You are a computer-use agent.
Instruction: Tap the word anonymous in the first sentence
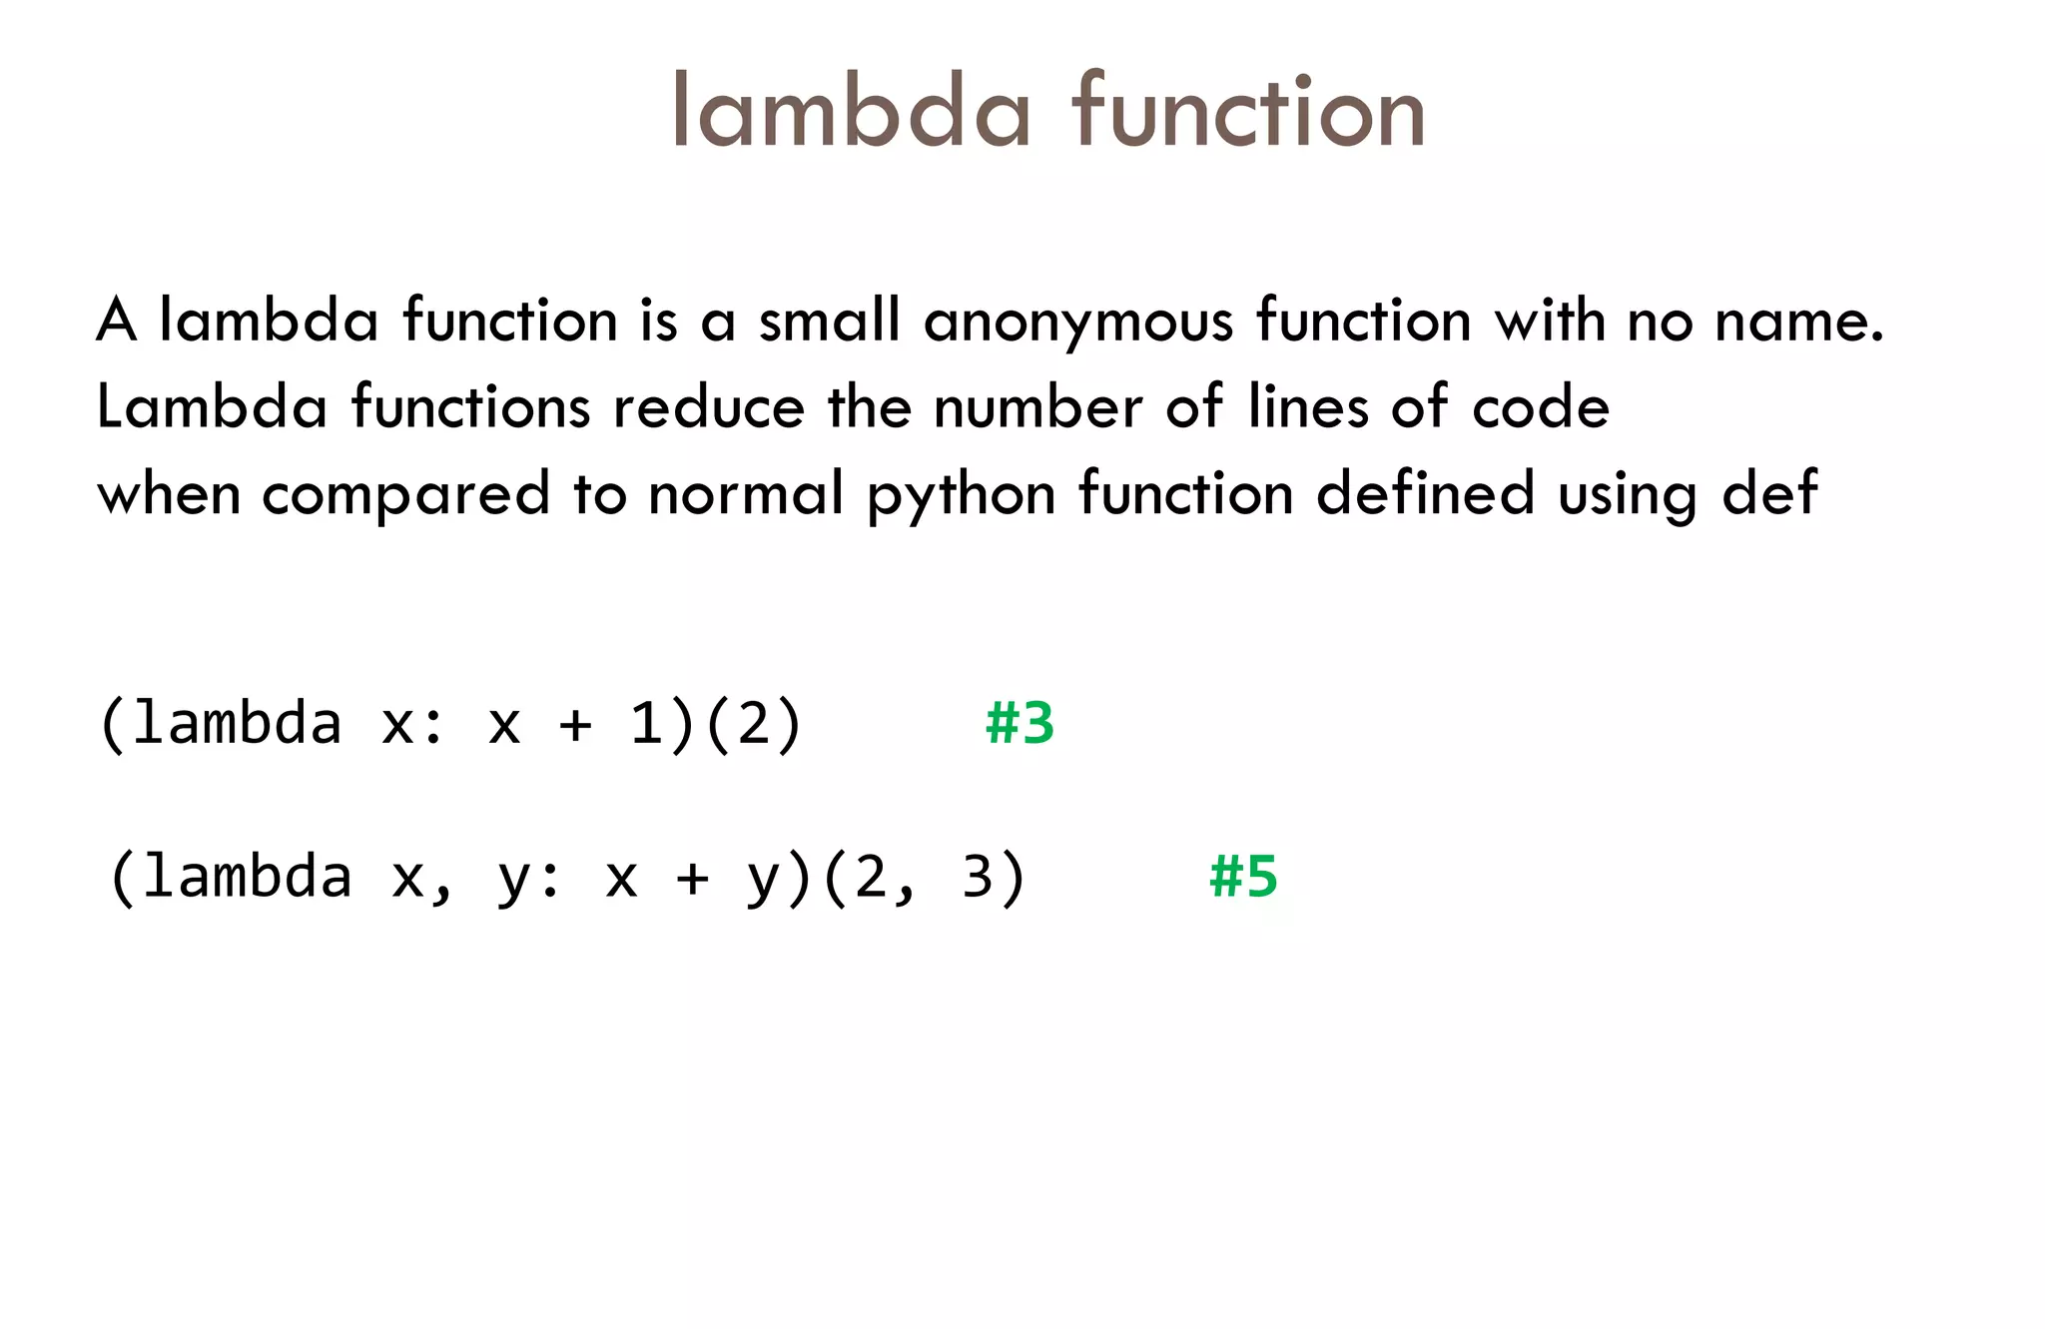1078,323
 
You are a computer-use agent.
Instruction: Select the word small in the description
829,321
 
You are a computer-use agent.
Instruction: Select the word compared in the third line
405,494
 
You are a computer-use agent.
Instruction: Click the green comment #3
1020,723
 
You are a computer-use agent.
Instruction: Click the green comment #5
1243,877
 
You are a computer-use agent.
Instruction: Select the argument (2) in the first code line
753,723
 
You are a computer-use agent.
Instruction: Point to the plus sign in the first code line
575,725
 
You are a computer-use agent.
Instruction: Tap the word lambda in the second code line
246,877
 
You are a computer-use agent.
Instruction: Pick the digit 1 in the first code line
646,723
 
